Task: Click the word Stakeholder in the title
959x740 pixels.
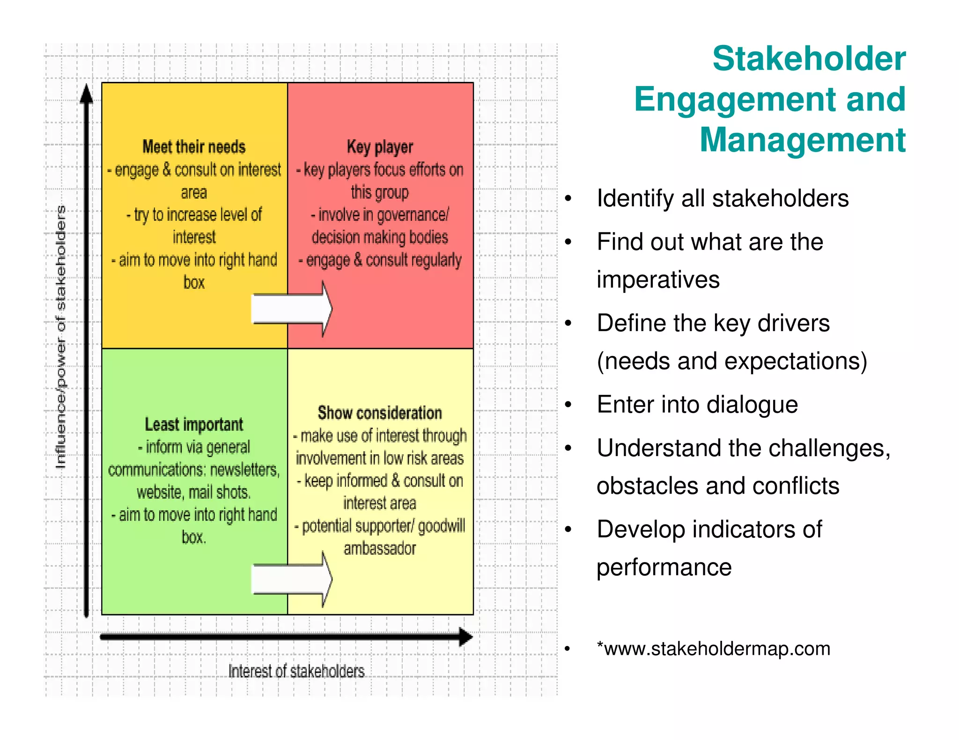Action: [809, 59]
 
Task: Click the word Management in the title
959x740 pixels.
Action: [803, 140]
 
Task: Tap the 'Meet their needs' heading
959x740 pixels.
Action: [194, 147]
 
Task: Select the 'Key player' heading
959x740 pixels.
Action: [380, 147]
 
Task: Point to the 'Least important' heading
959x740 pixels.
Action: [194, 425]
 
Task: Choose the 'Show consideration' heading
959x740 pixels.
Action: [380, 413]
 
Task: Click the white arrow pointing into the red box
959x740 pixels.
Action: [292, 309]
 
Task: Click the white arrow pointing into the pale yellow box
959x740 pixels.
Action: [292, 579]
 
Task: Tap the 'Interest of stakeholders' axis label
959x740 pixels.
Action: [296, 671]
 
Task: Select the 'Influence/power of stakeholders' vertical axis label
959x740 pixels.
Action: [61, 337]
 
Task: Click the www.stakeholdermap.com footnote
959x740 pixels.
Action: [714, 649]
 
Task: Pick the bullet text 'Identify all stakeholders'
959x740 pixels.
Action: [723, 198]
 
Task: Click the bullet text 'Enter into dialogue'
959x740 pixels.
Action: [697, 405]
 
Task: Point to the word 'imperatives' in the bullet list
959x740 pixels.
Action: [658, 280]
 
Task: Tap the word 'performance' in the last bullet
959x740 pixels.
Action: [664, 567]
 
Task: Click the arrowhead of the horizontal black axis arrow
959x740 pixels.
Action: [465, 637]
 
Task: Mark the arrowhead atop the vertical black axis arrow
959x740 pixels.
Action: [86, 94]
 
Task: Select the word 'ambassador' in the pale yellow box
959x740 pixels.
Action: [380, 548]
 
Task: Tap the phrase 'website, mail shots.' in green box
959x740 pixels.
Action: [194, 492]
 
